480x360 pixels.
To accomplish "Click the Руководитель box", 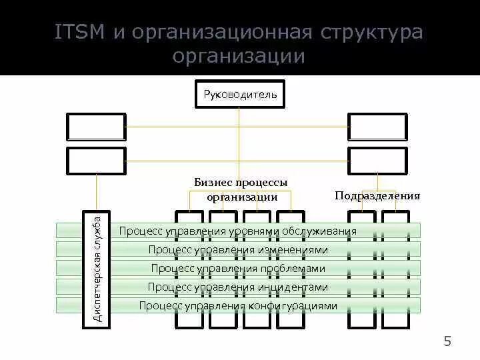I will pyautogui.click(x=239, y=94).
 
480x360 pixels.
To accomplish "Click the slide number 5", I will pyautogui.click(x=447, y=342).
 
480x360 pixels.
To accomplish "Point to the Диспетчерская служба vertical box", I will pyautogui.click(x=97, y=269).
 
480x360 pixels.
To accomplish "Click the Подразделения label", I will pyautogui.click(x=377, y=195).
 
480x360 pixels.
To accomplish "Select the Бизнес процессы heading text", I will pyautogui.click(x=241, y=182).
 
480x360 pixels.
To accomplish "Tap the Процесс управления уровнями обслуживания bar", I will pyautogui.click(x=238, y=231).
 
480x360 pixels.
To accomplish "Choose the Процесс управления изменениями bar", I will pyautogui.click(x=238, y=250).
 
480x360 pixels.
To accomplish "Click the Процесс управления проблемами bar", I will pyautogui.click(x=238, y=269).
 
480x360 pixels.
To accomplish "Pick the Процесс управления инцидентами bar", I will pyautogui.click(x=238, y=287).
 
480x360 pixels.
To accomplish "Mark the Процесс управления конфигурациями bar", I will pyautogui.click(x=238, y=306).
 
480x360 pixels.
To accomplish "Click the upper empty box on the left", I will pyautogui.click(x=96, y=127).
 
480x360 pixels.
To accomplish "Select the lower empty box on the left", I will pyautogui.click(x=96, y=161).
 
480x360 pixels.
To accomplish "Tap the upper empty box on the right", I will pyautogui.click(x=377, y=127).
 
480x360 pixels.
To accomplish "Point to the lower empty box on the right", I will pyautogui.click(x=377, y=161).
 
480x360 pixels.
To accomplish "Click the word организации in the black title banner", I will pyautogui.click(x=239, y=57).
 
